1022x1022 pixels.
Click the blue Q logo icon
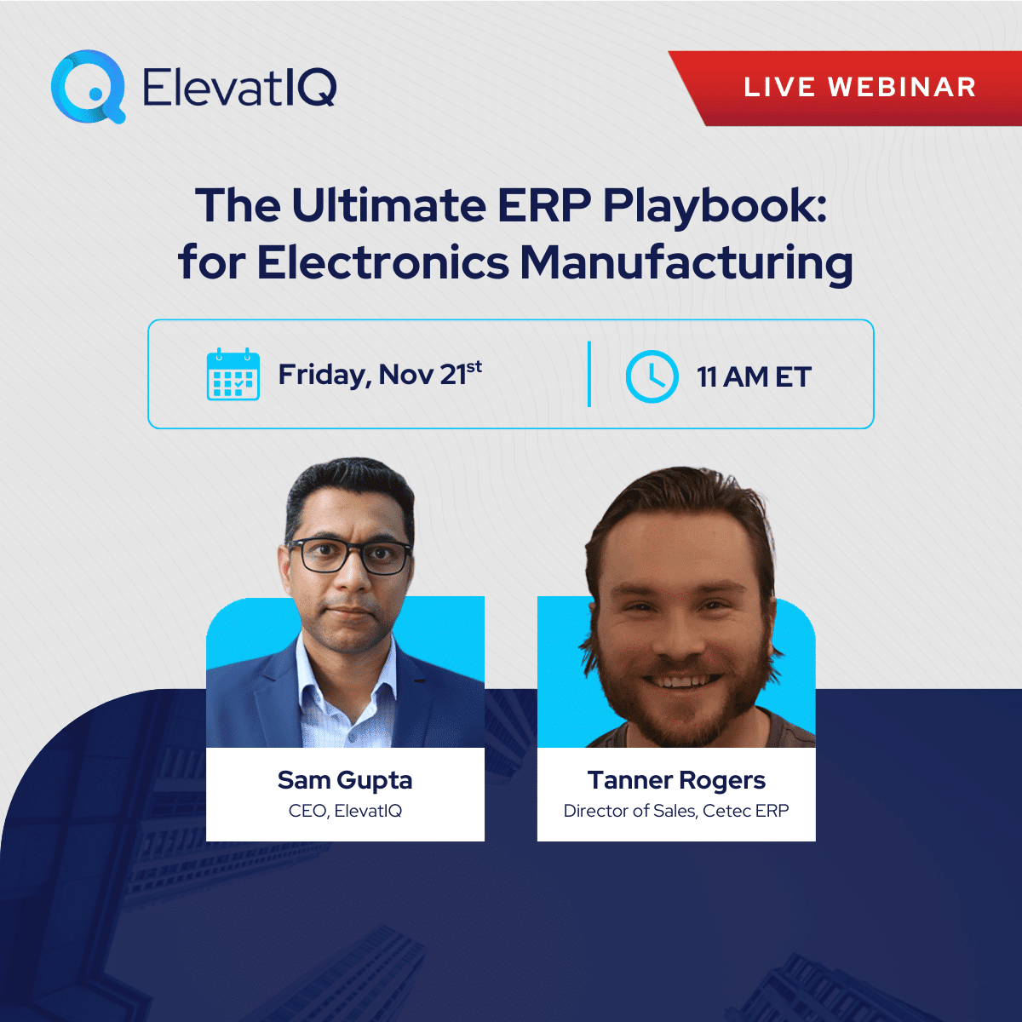(x=88, y=86)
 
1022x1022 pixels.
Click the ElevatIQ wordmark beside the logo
(x=239, y=87)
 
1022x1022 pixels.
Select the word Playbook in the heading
(x=715, y=209)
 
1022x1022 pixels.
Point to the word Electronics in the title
(x=382, y=262)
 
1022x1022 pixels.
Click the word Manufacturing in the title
(x=686, y=265)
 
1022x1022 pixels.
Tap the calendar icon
(x=233, y=374)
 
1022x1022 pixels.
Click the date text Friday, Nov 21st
(x=380, y=375)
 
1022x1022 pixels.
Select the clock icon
(x=652, y=376)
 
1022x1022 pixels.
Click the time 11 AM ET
(x=754, y=377)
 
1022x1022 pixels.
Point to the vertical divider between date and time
(x=589, y=374)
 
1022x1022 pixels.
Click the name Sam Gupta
(x=345, y=780)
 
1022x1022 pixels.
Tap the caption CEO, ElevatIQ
(x=345, y=811)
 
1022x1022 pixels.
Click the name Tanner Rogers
(x=676, y=780)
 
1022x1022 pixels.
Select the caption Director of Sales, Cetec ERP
(x=676, y=811)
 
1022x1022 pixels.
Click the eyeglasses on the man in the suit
(x=349, y=555)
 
